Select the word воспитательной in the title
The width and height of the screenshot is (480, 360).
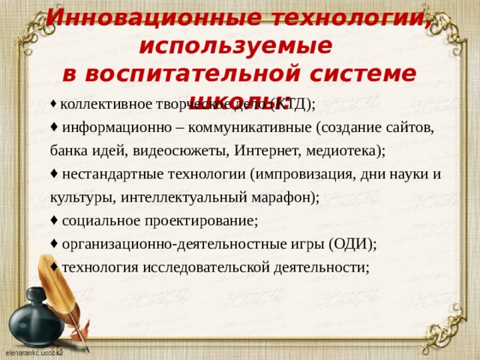pyautogui.click(x=190, y=74)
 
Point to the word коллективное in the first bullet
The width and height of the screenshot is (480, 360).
pyautogui.click(x=104, y=103)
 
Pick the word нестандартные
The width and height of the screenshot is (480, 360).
pyautogui.click(x=112, y=174)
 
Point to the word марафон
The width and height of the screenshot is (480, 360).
pyautogui.click(x=277, y=197)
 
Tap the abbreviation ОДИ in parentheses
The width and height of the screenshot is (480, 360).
pyautogui.click(x=352, y=244)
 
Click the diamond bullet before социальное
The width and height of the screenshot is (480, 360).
pyautogui.click(x=54, y=220)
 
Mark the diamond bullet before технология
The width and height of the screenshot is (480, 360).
pyautogui.click(x=54, y=267)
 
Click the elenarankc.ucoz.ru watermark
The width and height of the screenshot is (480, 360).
pyautogui.click(x=34, y=352)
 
